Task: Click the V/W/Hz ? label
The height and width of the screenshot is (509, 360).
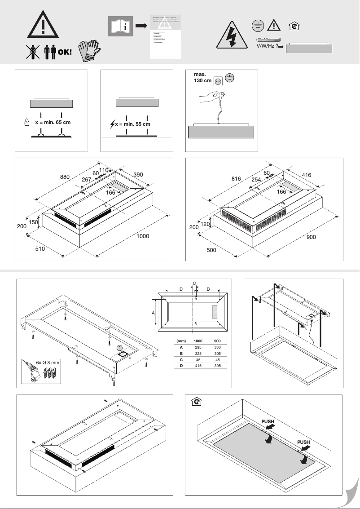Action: [x=266, y=46]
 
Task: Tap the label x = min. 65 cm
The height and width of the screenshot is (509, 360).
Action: [x=53, y=122]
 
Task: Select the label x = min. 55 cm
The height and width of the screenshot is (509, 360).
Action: [x=133, y=124]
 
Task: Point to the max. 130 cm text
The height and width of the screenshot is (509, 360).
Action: [x=202, y=77]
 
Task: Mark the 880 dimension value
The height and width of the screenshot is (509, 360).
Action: [x=65, y=177]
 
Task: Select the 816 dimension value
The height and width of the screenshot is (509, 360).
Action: [x=236, y=178]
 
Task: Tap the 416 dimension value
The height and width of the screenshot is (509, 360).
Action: [x=306, y=175]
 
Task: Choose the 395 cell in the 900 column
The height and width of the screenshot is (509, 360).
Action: [x=217, y=366]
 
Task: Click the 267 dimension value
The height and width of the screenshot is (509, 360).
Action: [x=87, y=180]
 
